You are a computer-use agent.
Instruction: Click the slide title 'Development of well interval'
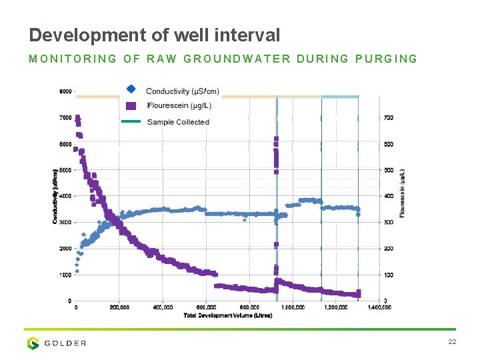pos(155,35)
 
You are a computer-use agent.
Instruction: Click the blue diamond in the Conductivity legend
pos(131,89)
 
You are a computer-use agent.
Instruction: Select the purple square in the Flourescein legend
pos(131,105)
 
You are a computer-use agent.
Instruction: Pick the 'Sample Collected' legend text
pos(178,122)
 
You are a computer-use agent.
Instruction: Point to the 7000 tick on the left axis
pos(65,118)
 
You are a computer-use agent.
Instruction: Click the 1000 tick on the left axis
pos(65,275)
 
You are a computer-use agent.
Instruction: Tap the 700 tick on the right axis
pos(388,118)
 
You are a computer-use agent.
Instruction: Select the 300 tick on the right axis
pos(388,223)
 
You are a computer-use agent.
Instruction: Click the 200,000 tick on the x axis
pos(119,307)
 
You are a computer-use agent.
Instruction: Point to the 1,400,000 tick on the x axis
pos(379,307)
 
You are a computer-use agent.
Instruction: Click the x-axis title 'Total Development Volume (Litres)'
pos(227,315)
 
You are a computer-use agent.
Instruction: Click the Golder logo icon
pos(33,343)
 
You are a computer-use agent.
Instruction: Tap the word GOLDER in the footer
pos(65,343)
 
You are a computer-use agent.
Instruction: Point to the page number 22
pos(451,342)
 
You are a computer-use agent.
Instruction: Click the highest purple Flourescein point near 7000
pos(77,118)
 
